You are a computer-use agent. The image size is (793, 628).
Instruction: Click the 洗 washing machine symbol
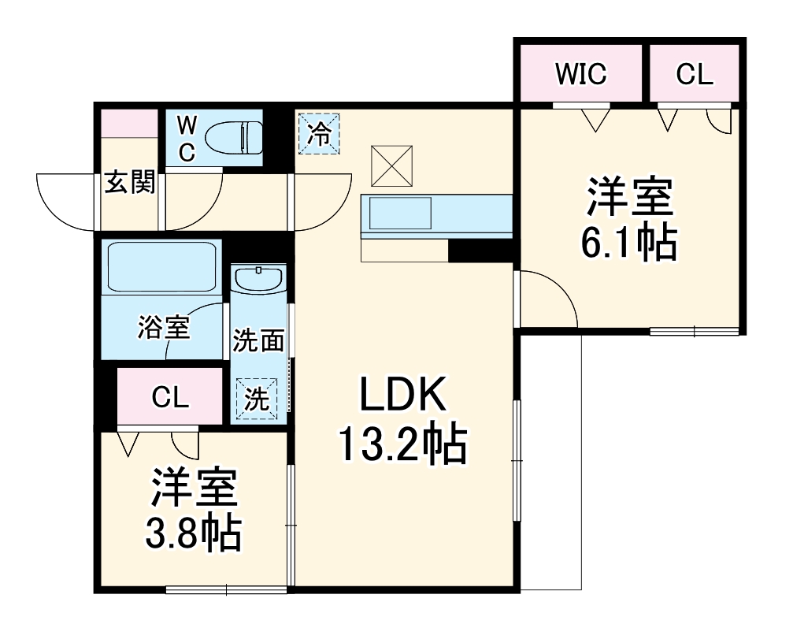click(x=257, y=399)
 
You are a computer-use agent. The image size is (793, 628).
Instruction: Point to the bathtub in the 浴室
click(x=162, y=268)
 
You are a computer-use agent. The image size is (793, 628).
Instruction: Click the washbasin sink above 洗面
click(x=258, y=281)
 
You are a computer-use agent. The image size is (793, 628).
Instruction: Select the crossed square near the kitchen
click(x=391, y=166)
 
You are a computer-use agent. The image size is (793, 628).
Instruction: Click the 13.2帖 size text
click(x=403, y=446)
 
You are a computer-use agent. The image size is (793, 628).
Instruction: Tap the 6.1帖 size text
click(x=628, y=245)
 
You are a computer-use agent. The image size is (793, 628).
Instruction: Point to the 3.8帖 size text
click(x=193, y=534)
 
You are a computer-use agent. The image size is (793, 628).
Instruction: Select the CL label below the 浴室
click(x=170, y=397)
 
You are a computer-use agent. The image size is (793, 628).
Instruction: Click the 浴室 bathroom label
click(x=164, y=327)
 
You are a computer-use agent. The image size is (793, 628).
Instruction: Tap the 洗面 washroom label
click(x=258, y=341)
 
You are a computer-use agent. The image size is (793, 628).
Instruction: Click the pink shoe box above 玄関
click(x=129, y=123)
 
